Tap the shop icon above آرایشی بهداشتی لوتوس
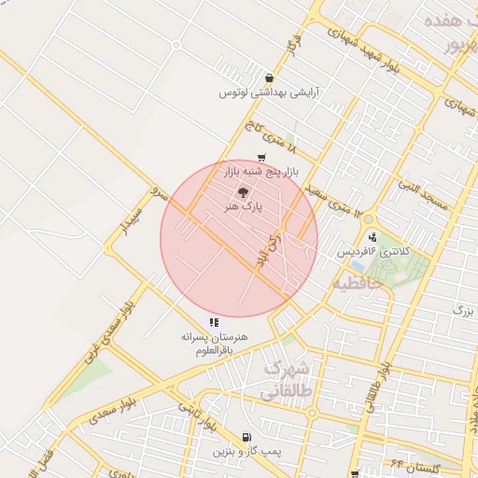(x=269, y=78)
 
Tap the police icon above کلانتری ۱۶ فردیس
(x=373, y=237)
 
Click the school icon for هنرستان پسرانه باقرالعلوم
(x=215, y=322)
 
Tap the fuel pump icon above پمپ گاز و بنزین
(x=246, y=437)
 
